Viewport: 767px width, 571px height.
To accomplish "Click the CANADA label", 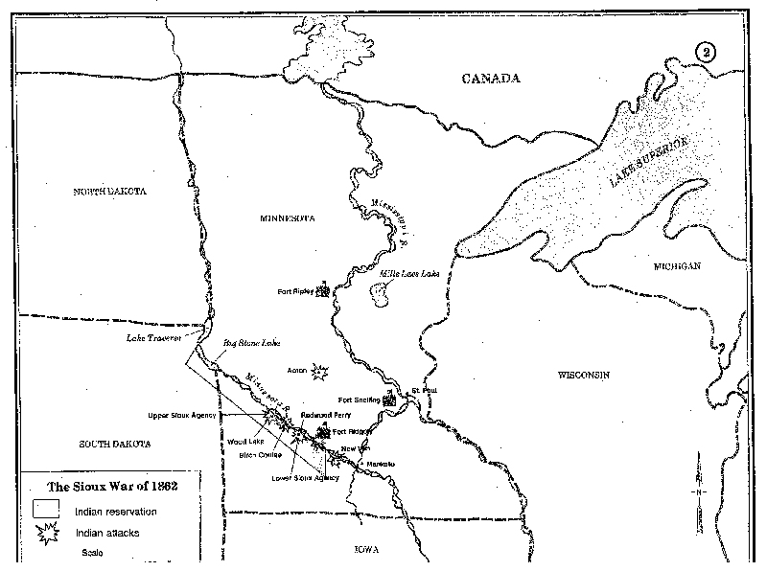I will pos(489,78).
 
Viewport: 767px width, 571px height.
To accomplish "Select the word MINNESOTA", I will pos(287,218).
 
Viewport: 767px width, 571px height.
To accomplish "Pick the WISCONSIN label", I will pos(584,375).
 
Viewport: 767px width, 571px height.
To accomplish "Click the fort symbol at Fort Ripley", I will pos(324,289).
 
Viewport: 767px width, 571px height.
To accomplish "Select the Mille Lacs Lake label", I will pos(408,274).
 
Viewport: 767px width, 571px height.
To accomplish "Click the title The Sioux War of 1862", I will pos(111,487).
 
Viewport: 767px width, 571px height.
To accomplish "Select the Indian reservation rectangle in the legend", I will pos(47,511).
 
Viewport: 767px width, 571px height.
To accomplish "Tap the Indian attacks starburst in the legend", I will pos(47,534).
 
